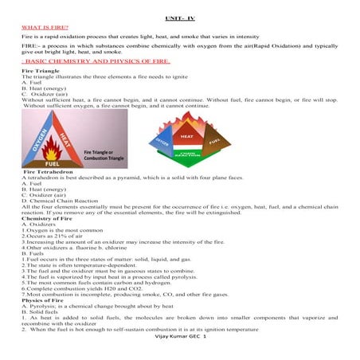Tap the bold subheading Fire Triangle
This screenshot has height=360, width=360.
tap(41, 71)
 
